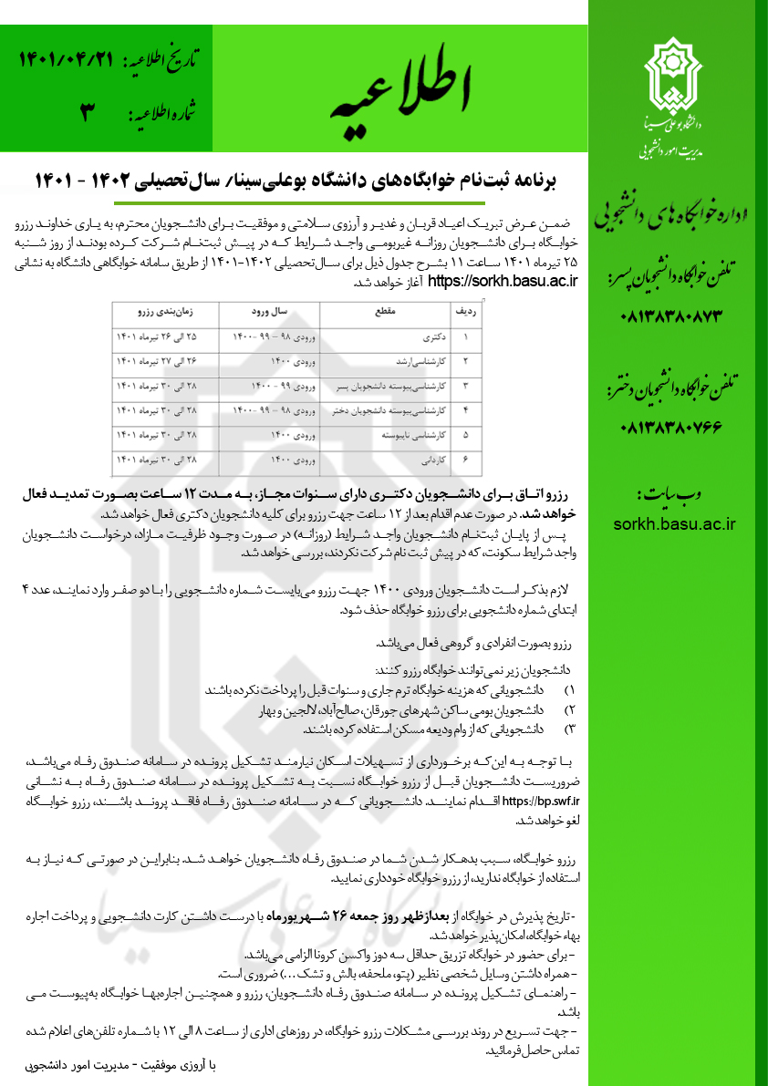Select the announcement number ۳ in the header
88,114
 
